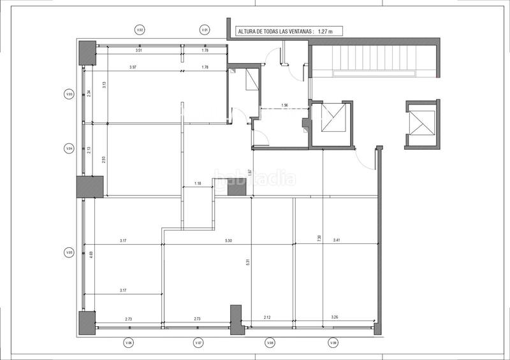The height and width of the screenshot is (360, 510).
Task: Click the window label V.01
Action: pyautogui.click(x=205, y=29)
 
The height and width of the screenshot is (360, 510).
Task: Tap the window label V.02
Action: pyautogui.click(x=140, y=29)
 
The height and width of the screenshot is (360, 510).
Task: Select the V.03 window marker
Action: pyautogui.click(x=69, y=94)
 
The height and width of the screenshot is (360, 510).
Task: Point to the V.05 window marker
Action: pyautogui.click(x=69, y=253)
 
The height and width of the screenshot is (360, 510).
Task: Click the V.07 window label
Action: pyautogui.click(x=198, y=343)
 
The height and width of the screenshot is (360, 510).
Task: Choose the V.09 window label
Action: pyautogui.click(x=333, y=343)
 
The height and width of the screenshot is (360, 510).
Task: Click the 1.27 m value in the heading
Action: pyautogui.click(x=330, y=30)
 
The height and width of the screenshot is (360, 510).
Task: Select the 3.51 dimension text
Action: pyautogui.click(x=138, y=50)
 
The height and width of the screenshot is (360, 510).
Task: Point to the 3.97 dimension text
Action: pyautogui.click(x=133, y=68)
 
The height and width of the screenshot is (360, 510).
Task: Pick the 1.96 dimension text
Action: pyautogui.click(x=284, y=105)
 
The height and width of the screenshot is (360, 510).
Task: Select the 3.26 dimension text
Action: pyautogui.click(x=335, y=317)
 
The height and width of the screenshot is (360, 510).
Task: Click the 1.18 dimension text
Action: pyautogui.click(x=198, y=185)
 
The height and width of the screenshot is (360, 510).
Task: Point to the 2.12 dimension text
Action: pyautogui.click(x=266, y=317)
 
